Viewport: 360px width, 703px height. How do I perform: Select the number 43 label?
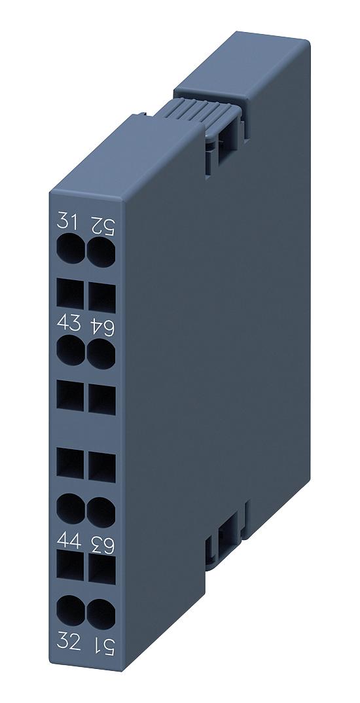[x=69, y=323]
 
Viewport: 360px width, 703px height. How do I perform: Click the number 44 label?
[x=69, y=541]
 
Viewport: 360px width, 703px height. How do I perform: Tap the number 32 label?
[x=69, y=643]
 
